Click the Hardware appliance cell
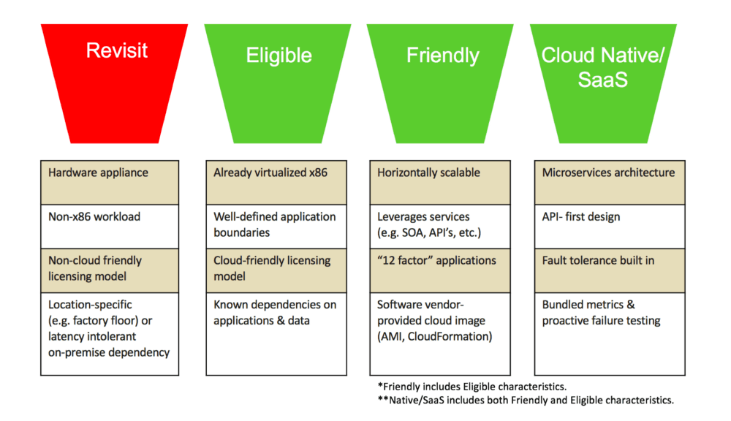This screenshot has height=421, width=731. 110,182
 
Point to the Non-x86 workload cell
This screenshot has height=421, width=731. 110,226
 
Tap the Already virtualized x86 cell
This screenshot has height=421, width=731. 275,182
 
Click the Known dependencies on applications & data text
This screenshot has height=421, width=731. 275,312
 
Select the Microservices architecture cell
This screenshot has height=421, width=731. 609,182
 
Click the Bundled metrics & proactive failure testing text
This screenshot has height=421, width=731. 601,312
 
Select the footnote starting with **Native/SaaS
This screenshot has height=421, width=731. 525,400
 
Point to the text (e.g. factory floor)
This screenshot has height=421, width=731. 100,321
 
